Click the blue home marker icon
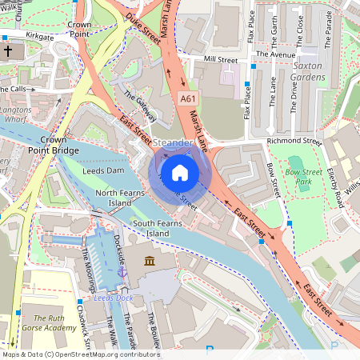180,172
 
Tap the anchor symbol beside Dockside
122,273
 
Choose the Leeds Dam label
103,170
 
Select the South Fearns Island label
151,227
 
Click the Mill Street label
221,59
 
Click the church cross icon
7,51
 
